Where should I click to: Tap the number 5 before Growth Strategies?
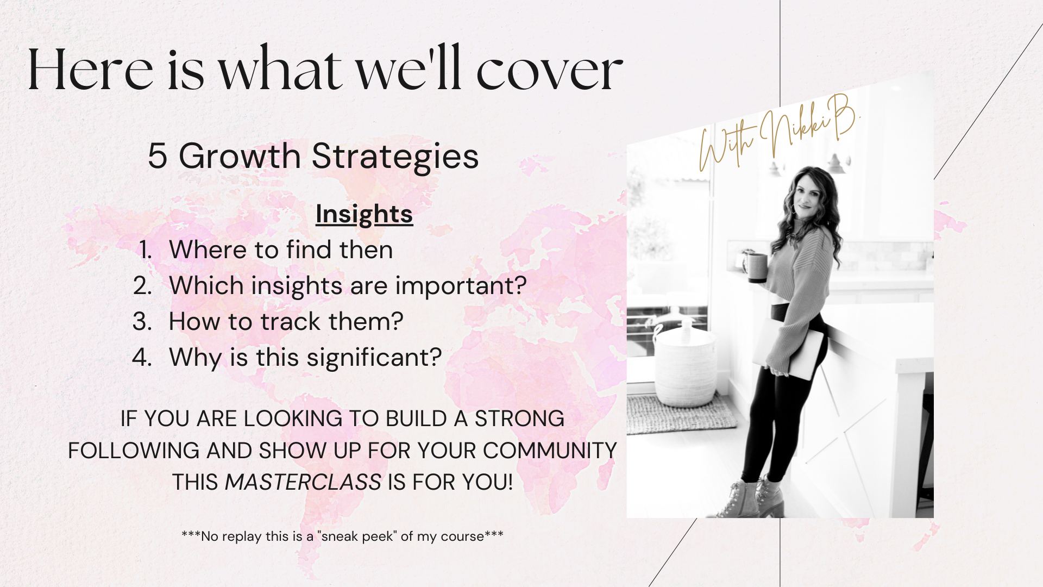click(157, 156)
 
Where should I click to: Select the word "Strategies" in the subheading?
click(395, 157)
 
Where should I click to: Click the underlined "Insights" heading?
click(364, 214)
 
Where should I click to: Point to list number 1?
click(145, 250)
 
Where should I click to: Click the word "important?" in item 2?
click(461, 286)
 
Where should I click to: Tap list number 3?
click(142, 322)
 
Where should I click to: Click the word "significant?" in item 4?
click(374, 358)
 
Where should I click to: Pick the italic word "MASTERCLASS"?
click(303, 482)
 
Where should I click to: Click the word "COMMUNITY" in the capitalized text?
click(550, 451)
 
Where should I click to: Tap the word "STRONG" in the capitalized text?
click(519, 419)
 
